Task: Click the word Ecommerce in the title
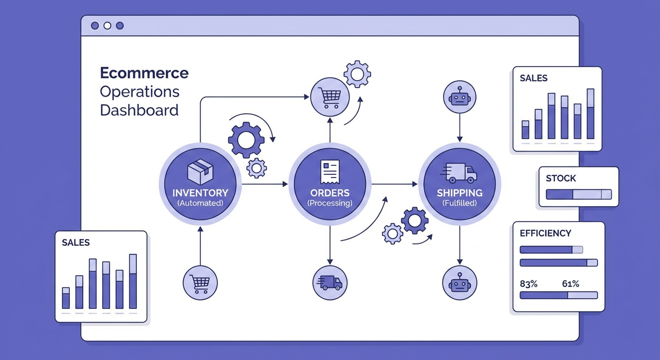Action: (x=144, y=73)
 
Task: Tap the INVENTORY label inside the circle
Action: (x=200, y=193)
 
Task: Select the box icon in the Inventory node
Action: (x=200, y=172)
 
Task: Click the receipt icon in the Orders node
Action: (x=330, y=172)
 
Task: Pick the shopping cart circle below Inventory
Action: (x=200, y=283)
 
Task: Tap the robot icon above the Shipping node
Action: (x=459, y=98)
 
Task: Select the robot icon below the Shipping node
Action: (x=459, y=283)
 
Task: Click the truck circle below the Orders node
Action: (x=330, y=283)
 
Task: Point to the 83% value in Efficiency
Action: (x=529, y=284)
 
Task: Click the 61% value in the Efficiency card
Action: (x=570, y=284)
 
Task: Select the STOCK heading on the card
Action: (x=561, y=179)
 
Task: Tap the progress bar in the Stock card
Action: (x=579, y=195)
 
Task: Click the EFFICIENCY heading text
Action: (x=546, y=233)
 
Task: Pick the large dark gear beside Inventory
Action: (x=246, y=139)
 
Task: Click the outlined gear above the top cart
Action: (x=357, y=74)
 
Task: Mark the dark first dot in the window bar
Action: (x=95, y=26)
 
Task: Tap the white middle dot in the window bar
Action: (x=107, y=26)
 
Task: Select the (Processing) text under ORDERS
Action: (x=330, y=203)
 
